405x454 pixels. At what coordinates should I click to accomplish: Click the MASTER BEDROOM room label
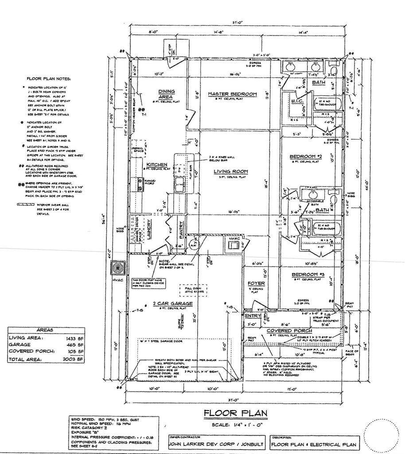tap(233, 94)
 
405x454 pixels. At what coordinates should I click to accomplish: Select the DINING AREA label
tap(166, 94)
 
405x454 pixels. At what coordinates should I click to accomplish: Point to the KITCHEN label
tap(156, 164)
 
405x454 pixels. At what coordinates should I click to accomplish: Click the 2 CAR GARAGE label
tap(172, 304)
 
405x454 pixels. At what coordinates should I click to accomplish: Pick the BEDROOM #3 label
tap(309, 275)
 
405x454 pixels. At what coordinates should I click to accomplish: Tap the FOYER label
tap(256, 283)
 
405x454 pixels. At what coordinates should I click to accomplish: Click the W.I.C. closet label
tap(296, 102)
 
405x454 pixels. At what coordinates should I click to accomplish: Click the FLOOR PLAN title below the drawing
tap(235, 413)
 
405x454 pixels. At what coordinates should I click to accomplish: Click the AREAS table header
tap(46, 330)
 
